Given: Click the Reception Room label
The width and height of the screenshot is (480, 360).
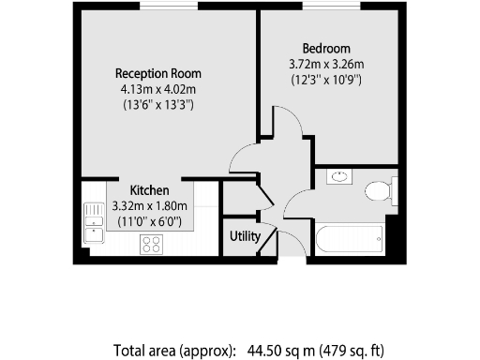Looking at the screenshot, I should click(157, 73).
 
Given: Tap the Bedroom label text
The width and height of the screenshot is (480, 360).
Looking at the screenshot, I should click(326, 49).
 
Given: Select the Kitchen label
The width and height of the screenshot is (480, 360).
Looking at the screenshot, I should click(149, 190).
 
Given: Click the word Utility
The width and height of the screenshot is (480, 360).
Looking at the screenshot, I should click(245, 236).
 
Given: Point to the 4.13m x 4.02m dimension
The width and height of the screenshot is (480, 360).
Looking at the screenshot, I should click(157, 89).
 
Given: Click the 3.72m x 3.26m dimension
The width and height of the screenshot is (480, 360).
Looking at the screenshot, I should click(326, 64).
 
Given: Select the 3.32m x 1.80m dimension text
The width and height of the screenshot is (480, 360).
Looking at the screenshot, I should click(149, 206).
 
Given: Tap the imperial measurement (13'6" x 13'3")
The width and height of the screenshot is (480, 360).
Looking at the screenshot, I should click(157, 105).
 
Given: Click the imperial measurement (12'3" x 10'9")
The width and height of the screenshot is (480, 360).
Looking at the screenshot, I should click(326, 80).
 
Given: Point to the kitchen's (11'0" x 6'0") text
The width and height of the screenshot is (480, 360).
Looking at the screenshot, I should click(149, 222).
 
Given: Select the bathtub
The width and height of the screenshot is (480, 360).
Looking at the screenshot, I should click(349, 238).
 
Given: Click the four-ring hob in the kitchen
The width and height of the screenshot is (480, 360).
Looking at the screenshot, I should click(150, 244).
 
